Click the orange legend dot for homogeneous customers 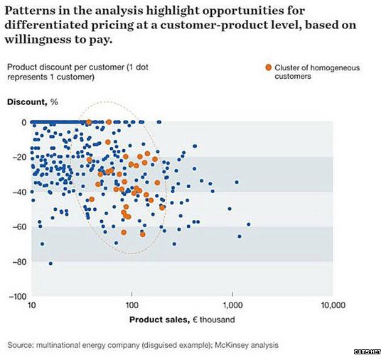point(268,67)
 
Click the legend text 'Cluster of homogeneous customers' point(317,72)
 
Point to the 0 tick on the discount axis point(24,122)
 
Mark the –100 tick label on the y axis point(18,297)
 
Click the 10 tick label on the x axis point(32,305)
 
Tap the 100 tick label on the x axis point(132,305)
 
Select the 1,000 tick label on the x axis point(232,305)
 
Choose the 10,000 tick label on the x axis point(333,305)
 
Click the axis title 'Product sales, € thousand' point(182,320)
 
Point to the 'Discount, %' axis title point(33,102)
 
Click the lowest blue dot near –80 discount point(50,263)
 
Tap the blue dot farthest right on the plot point(248,224)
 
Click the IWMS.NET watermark point(368,351)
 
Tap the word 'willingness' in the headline point(38,40)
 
